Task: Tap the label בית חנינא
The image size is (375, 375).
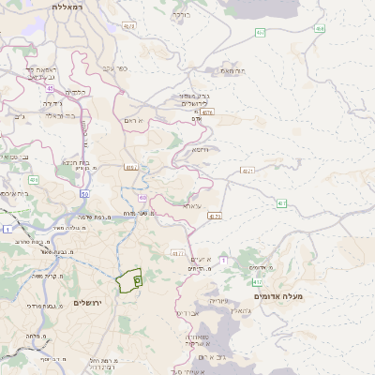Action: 75,162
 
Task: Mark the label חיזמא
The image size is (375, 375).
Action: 199,149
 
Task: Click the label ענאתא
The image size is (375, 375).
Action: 191,205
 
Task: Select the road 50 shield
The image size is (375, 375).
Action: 83,194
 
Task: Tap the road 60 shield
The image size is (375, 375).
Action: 141,198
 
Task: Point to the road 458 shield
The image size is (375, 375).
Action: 320,29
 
